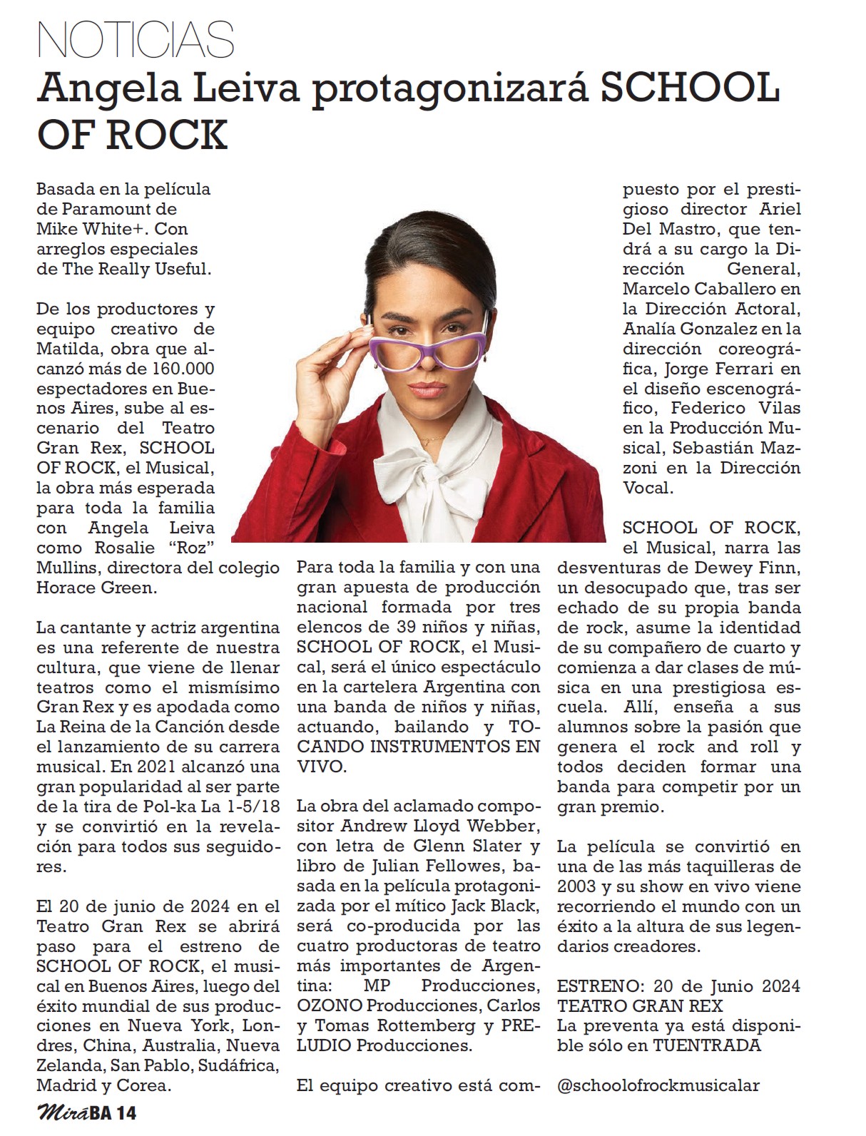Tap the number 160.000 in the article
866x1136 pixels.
tap(175, 369)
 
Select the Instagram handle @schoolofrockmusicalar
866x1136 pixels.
tap(658, 1085)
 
